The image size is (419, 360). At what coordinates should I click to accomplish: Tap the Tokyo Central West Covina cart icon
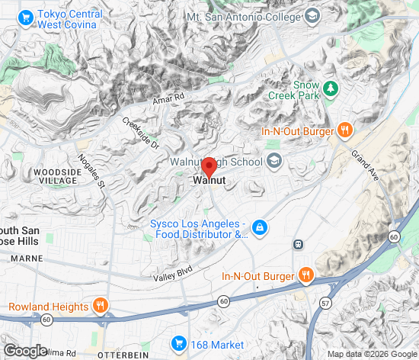point(27,15)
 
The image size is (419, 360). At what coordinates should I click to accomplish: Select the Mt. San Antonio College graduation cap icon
point(312,15)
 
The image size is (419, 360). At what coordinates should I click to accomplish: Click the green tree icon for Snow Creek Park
point(330,89)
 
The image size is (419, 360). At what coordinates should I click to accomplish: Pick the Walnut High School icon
point(274,162)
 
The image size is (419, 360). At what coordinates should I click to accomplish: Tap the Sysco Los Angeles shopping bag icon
point(260,227)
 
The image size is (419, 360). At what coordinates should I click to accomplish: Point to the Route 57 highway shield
point(325,304)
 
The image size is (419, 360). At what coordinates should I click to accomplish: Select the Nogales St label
point(91,172)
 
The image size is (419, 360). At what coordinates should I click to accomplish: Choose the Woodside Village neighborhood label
point(58,177)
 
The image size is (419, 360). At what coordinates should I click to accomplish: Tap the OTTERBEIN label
point(124,354)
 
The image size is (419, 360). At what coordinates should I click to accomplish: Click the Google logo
point(25,350)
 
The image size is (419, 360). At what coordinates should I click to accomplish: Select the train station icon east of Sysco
point(299,245)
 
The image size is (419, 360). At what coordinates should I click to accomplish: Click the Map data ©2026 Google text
point(371,354)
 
